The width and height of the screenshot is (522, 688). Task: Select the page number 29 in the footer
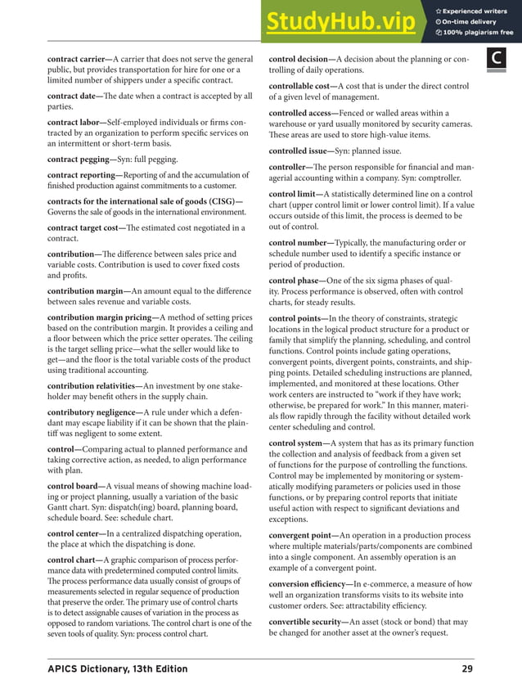pos(466,669)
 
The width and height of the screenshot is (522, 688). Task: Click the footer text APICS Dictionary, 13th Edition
pos(117,669)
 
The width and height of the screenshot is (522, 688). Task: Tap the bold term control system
pos(297,443)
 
